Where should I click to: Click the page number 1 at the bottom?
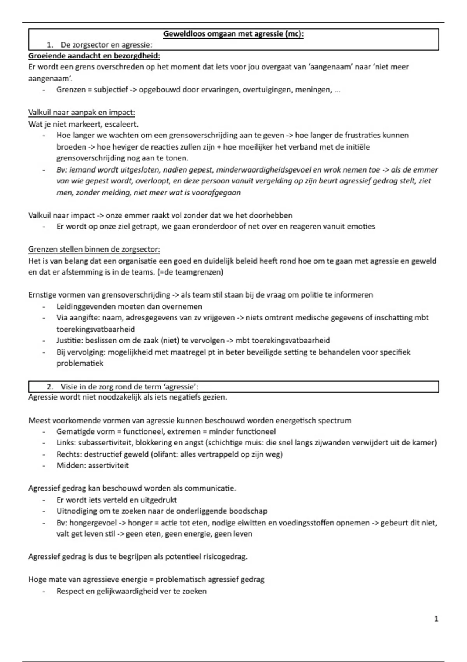click(x=436, y=618)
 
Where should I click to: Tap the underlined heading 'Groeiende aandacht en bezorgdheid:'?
click(x=94, y=56)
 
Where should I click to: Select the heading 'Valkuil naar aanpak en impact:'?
click(x=82, y=113)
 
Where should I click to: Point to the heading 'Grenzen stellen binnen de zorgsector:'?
click(x=94, y=249)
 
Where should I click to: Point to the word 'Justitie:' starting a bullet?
click(x=70, y=340)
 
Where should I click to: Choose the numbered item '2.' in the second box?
click(x=50, y=387)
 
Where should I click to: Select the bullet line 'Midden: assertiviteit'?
click(x=93, y=465)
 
